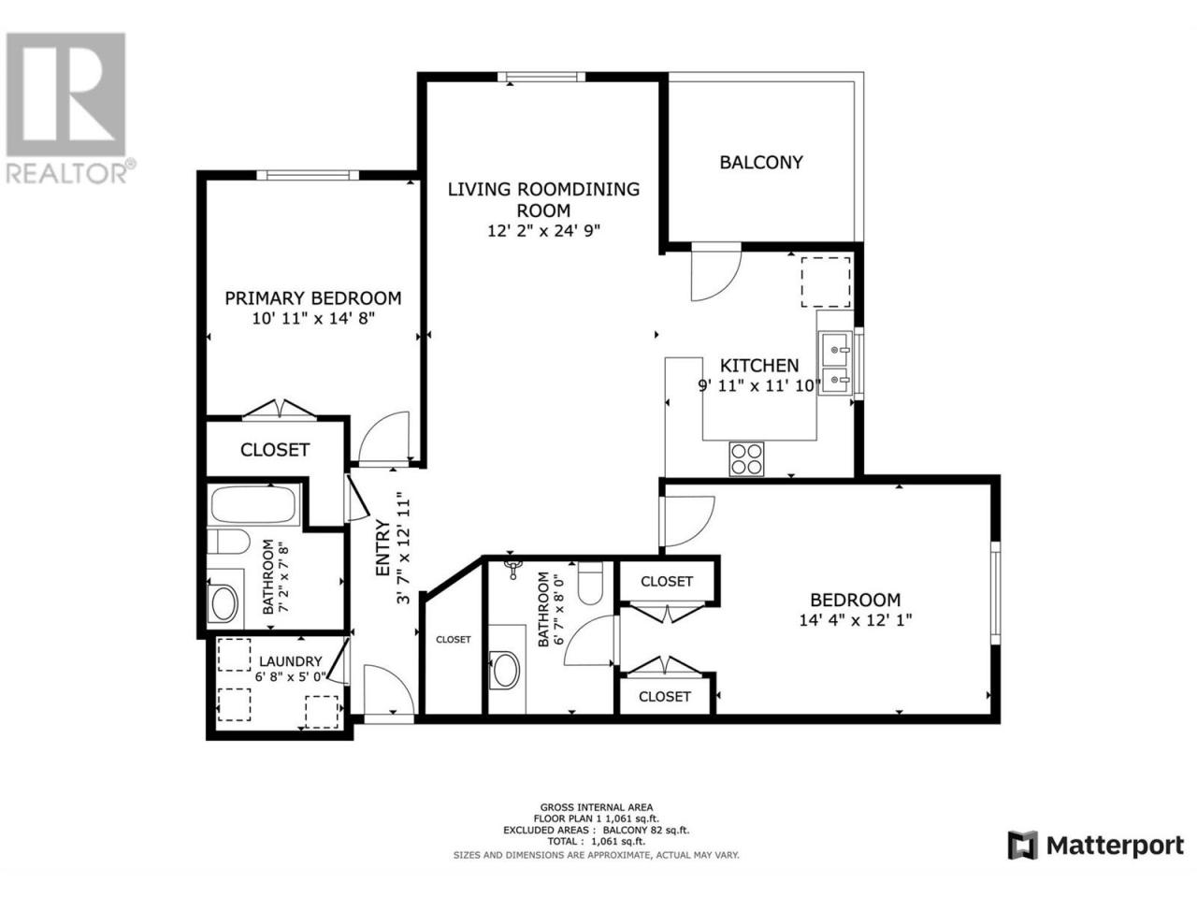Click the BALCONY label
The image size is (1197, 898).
click(760, 163)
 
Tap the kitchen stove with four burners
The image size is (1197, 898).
click(746, 458)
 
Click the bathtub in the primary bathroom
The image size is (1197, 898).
click(253, 504)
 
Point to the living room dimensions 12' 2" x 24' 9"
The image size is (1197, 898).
click(543, 231)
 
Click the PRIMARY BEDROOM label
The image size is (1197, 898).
click(313, 298)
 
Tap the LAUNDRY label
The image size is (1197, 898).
click(291, 662)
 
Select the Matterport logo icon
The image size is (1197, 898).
click(1022, 861)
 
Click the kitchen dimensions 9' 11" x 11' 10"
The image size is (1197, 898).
click(759, 386)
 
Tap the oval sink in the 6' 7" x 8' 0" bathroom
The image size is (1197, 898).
click(506, 670)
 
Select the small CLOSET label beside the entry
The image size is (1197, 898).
click(454, 640)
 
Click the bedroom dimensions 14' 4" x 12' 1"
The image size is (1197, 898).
click(855, 620)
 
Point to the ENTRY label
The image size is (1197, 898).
click(383, 548)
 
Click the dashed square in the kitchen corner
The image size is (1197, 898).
click(825, 282)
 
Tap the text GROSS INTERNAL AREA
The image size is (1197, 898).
click(596, 807)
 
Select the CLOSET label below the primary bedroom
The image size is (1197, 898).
click(275, 450)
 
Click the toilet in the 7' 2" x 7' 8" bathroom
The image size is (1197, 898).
click(228, 542)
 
